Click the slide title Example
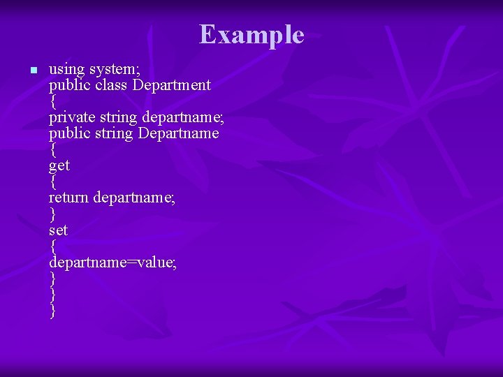(x=251, y=34)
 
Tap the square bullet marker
(x=32, y=71)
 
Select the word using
(x=66, y=69)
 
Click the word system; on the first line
(x=115, y=69)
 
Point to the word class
(x=112, y=85)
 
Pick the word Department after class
(x=171, y=85)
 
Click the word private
(x=72, y=117)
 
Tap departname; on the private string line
(x=183, y=117)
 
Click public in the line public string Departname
(x=69, y=133)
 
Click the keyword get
(x=59, y=166)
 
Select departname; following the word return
(x=134, y=198)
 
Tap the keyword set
(x=58, y=230)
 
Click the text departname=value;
(x=112, y=262)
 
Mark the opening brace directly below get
(x=52, y=182)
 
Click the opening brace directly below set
(x=52, y=246)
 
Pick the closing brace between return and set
(x=52, y=214)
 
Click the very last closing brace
(x=52, y=310)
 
